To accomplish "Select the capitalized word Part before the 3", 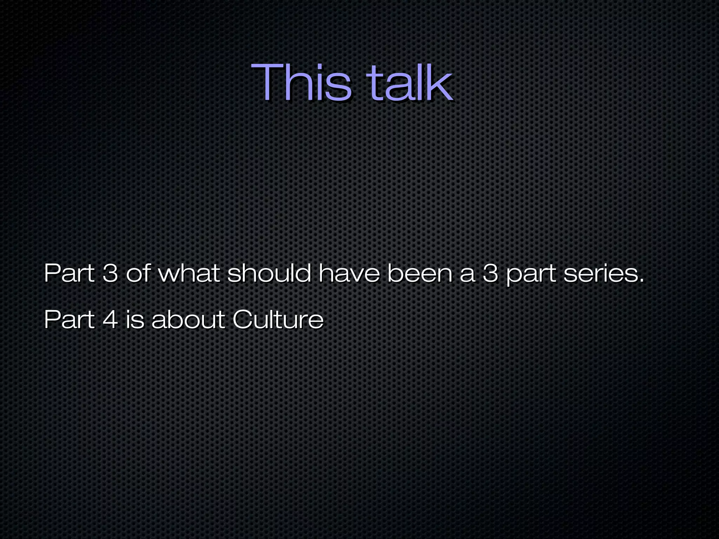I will point(69,273).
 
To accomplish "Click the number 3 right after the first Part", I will point(110,273).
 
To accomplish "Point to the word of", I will point(138,273).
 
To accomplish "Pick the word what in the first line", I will point(189,273).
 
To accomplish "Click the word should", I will point(269,273).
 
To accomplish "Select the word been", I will point(420,273).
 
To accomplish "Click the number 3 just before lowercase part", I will point(490,273).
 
